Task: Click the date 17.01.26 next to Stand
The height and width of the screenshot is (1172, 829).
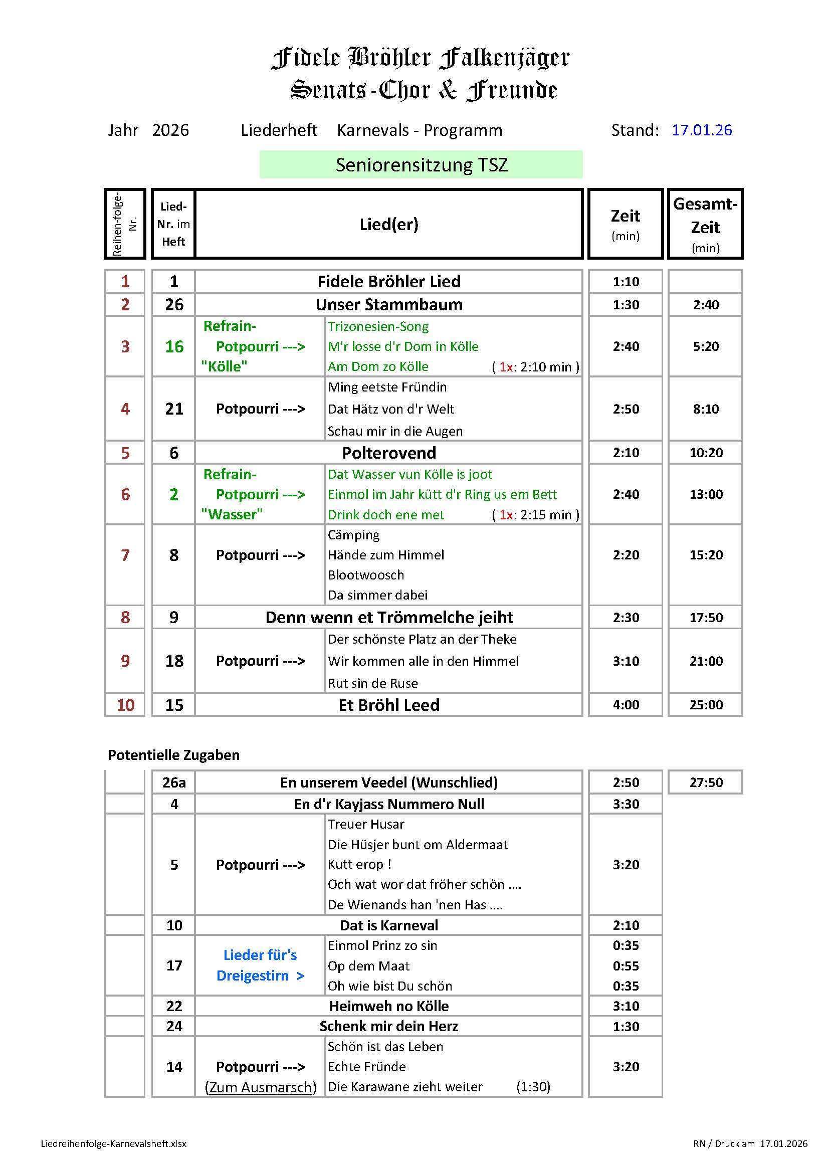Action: coord(701,130)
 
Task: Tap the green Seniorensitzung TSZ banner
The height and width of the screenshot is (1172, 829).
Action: coord(421,164)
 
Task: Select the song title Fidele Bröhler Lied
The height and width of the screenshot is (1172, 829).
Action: coord(389,281)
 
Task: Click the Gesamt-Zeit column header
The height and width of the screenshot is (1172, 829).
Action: coord(705,224)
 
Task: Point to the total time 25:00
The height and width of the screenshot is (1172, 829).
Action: coord(706,705)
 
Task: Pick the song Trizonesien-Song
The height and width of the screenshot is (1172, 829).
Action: coord(378,326)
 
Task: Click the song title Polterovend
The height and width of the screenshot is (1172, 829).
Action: coord(389,453)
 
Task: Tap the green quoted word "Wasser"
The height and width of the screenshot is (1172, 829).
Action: coord(232,514)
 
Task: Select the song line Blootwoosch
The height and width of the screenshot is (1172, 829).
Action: coord(365,575)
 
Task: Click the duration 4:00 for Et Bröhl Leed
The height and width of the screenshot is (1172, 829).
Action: coord(626,705)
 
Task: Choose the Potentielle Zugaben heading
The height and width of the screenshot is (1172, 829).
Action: coord(173,755)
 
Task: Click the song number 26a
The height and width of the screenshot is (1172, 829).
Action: coord(174,783)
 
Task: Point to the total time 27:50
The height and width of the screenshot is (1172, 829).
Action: coord(706,783)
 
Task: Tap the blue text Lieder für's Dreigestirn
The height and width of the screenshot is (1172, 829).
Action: coord(260,965)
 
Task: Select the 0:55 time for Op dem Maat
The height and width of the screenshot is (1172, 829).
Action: coord(626,966)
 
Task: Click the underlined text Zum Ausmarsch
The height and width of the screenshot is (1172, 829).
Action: coord(260,1087)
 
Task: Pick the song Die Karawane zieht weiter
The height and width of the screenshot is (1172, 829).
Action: coord(405,1087)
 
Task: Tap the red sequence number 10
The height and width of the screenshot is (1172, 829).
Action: coord(126,705)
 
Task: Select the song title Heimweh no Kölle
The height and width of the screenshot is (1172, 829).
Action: coord(389,1006)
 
